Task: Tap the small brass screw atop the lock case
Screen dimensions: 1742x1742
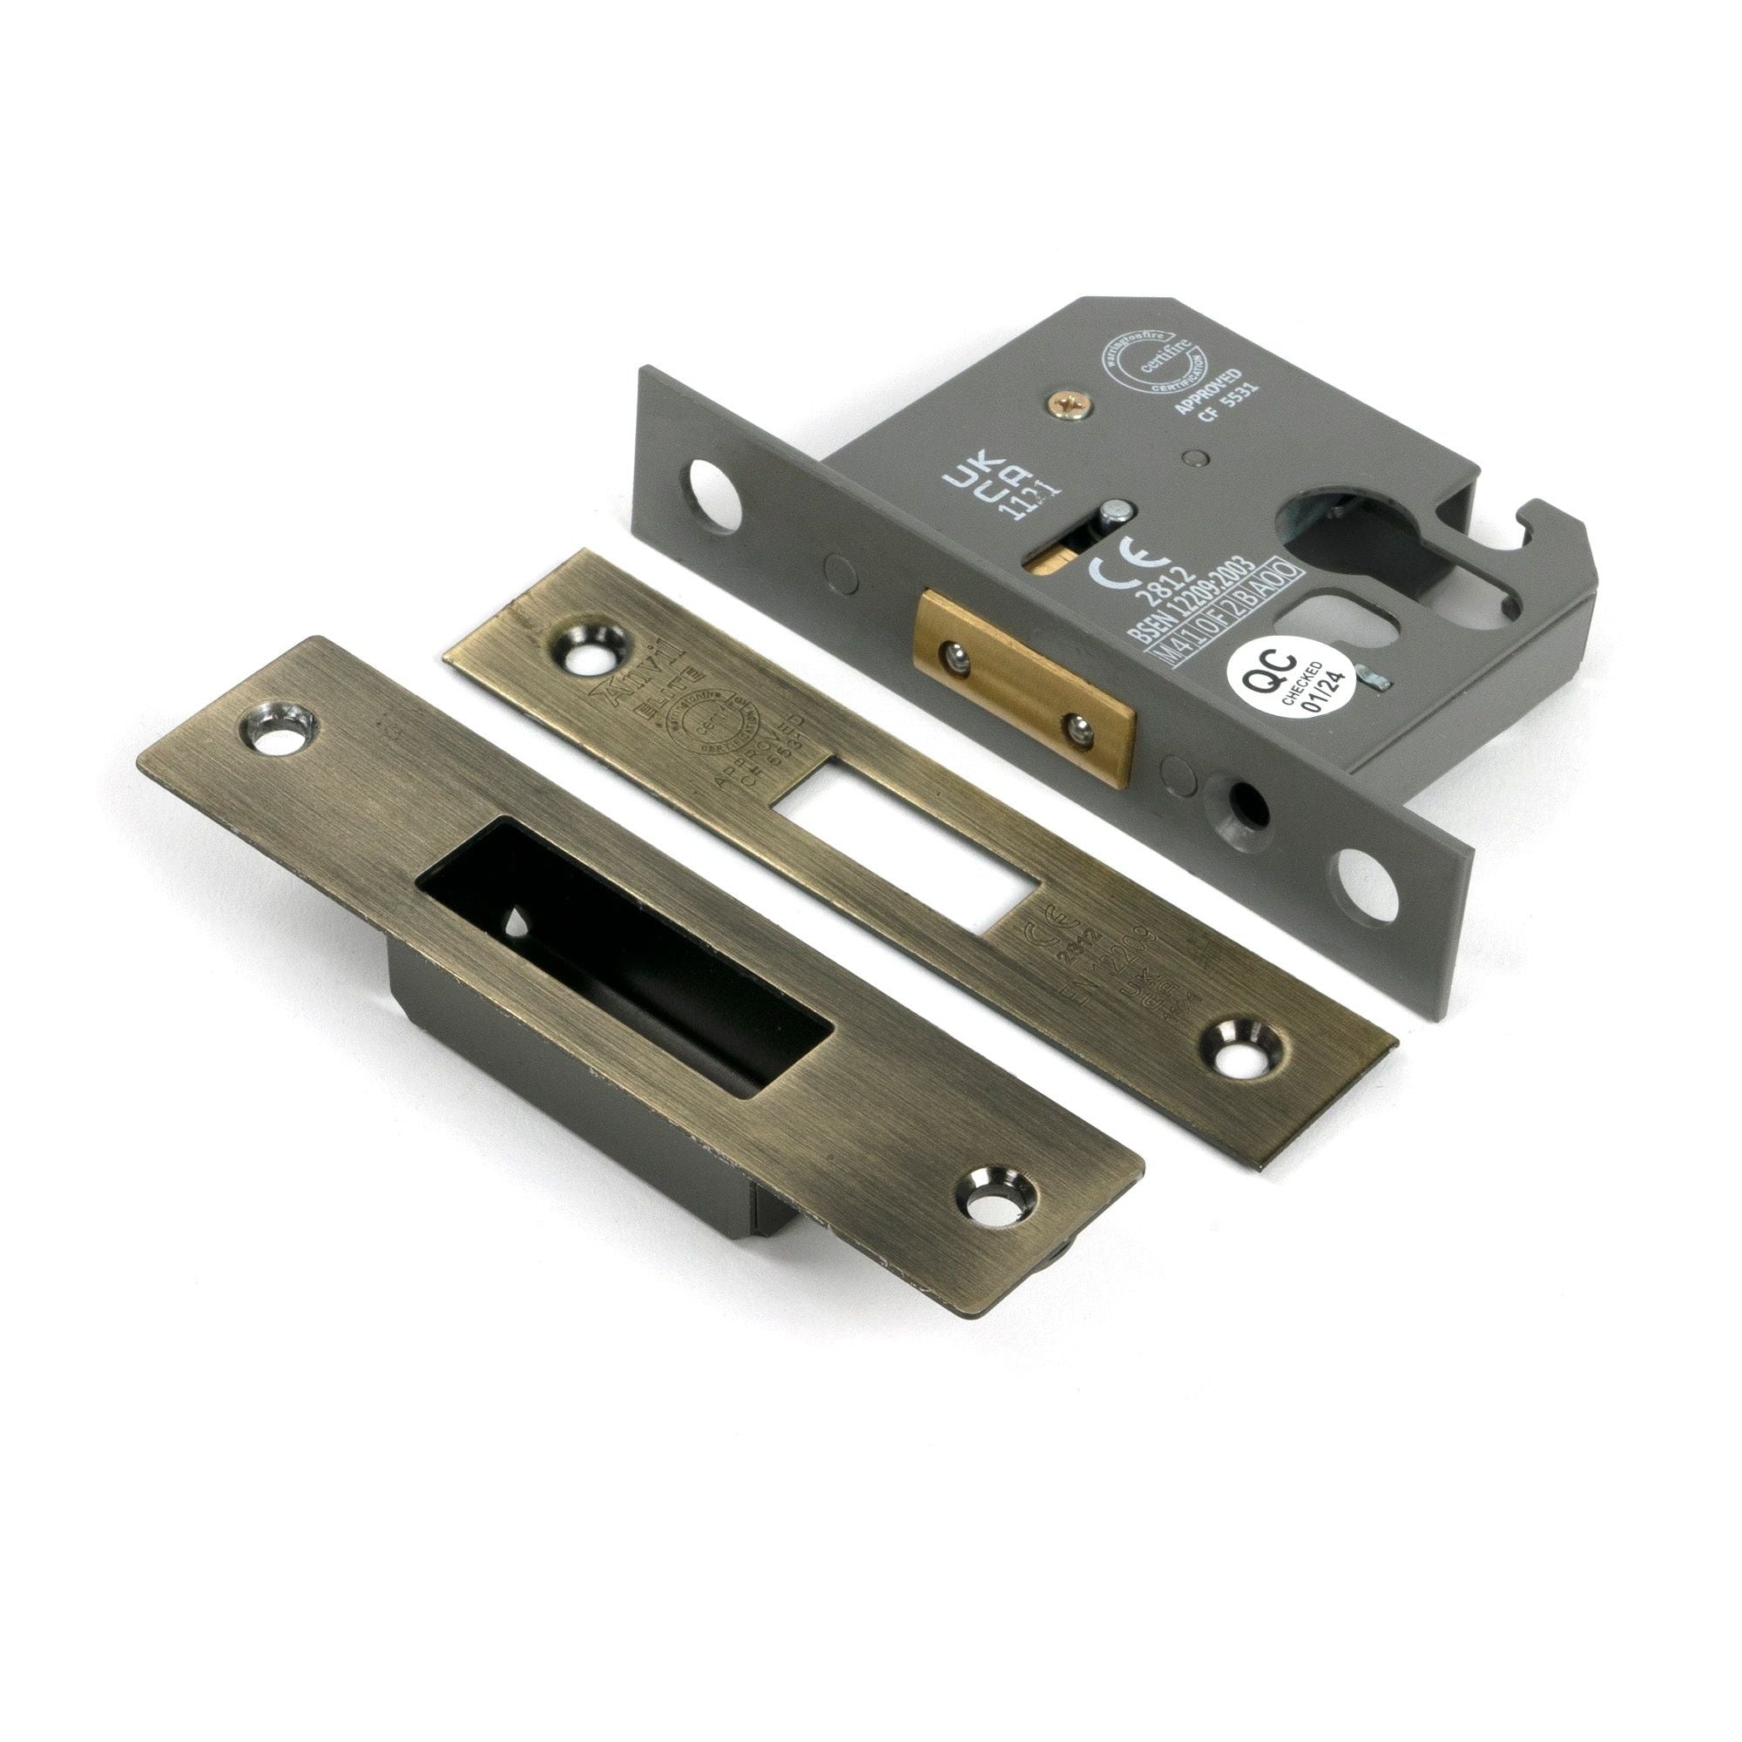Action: [x=1071, y=409]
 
